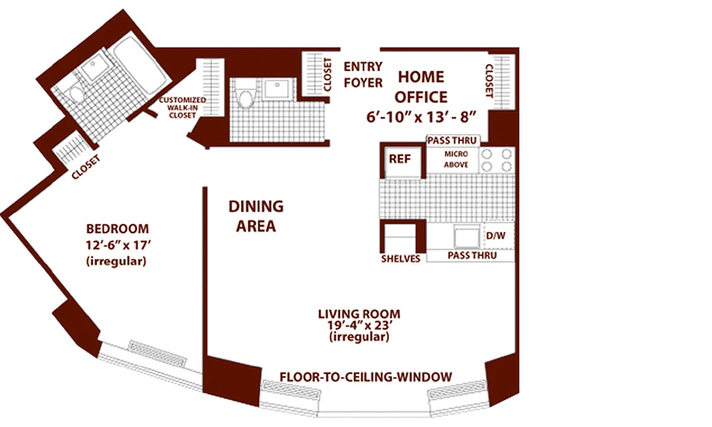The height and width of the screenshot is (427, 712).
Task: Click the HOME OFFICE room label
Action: click(422, 87)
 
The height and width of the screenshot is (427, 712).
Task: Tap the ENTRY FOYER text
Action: click(363, 75)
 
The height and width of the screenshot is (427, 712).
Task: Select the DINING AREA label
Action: click(256, 216)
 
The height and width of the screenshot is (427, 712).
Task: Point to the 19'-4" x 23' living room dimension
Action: click(359, 326)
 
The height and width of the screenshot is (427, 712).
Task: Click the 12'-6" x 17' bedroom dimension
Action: click(117, 246)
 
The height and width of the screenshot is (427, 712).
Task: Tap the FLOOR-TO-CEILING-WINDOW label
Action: click(366, 377)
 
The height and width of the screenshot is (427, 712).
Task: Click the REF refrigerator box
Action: click(399, 159)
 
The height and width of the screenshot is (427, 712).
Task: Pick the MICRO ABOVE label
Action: click(456, 159)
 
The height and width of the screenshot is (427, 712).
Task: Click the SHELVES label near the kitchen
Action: click(400, 259)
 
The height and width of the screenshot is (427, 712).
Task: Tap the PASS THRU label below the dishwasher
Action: click(472, 256)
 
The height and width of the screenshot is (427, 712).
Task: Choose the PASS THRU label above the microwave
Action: click(453, 141)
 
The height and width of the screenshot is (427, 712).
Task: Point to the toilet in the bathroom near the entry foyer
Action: click(246, 97)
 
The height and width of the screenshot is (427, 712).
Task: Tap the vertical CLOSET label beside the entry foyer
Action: click(328, 75)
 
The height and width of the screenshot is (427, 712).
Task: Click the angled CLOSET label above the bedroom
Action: click(88, 168)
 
